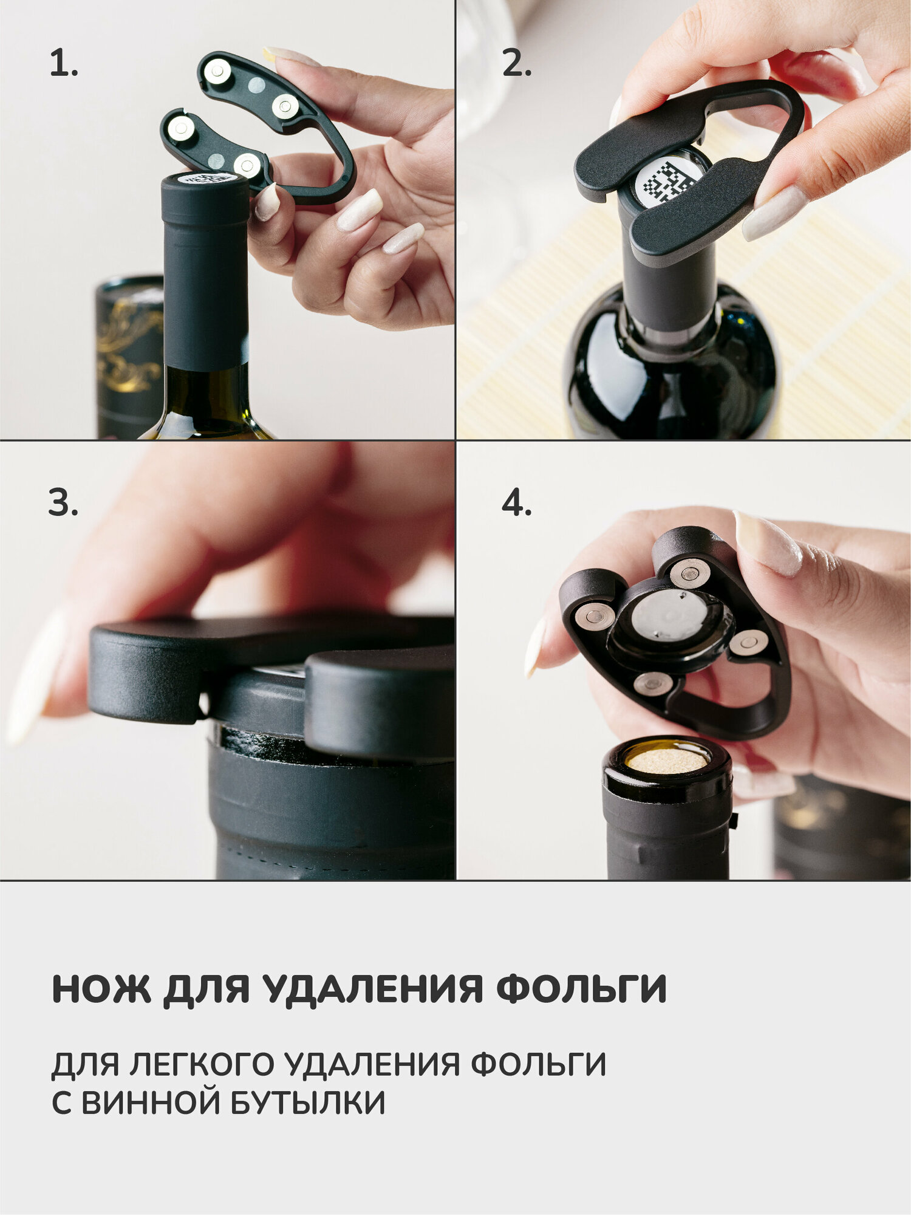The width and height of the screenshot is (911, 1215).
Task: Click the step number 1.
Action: point(63,63)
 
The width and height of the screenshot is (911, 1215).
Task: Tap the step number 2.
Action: point(517,63)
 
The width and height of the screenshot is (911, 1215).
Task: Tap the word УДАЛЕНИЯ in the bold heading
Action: point(374,990)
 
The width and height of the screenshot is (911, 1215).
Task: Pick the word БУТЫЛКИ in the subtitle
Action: point(308,1103)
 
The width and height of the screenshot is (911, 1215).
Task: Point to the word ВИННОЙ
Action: point(150,1103)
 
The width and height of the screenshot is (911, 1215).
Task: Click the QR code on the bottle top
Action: point(668,180)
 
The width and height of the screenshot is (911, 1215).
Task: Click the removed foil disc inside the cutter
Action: point(669,615)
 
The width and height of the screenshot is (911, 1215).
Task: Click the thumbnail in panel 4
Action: point(768,542)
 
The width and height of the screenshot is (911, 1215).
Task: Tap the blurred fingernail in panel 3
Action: point(36,674)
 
